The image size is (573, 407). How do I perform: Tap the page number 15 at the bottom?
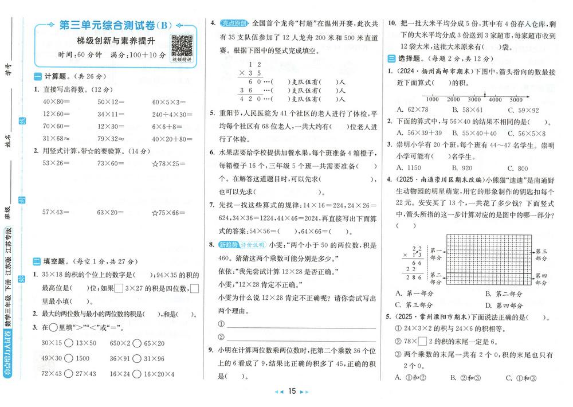click(x=292, y=392)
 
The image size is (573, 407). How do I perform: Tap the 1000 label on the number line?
click(x=433, y=99)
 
